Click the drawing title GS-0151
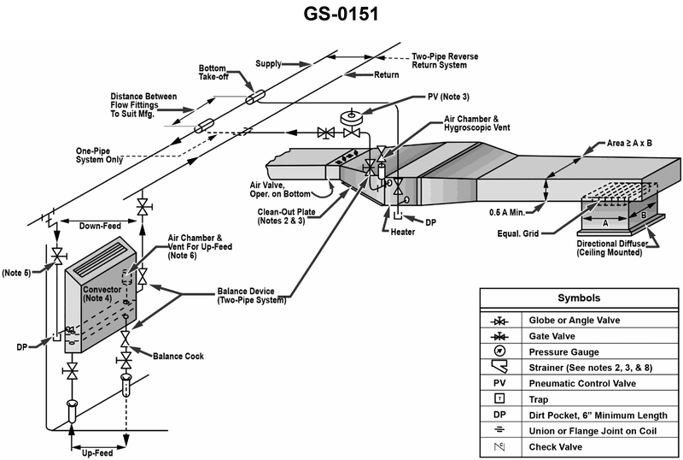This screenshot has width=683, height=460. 341,15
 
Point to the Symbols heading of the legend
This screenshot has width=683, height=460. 578,298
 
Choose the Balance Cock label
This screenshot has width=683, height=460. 178,355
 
